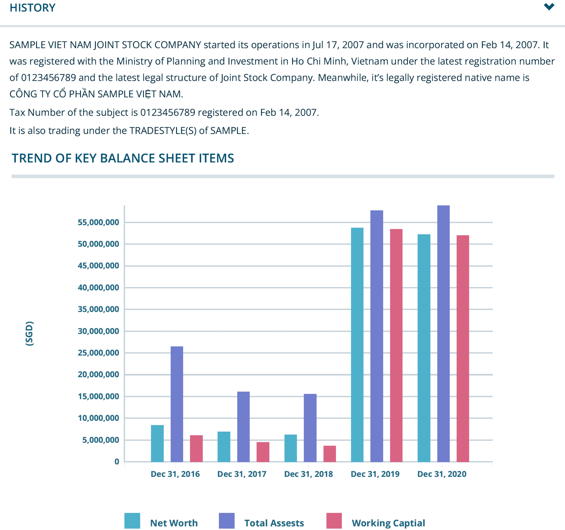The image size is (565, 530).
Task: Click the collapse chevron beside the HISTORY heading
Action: click(x=549, y=7)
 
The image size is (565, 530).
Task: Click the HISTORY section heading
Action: click(x=32, y=8)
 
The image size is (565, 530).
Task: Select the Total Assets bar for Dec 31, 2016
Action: click(x=177, y=404)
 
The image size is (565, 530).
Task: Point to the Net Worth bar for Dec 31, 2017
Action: click(x=224, y=446)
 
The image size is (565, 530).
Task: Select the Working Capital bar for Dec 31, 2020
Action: click(x=462, y=348)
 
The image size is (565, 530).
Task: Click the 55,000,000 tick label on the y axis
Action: click(x=98, y=222)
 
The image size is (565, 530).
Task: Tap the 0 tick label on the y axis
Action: click(x=117, y=462)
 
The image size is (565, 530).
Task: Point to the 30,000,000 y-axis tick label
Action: click(x=98, y=331)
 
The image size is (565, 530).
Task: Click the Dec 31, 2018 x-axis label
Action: click(x=308, y=474)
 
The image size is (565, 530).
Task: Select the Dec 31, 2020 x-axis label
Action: click(x=442, y=474)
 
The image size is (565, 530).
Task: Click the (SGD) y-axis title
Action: click(x=29, y=334)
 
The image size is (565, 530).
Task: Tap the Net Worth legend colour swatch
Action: click(x=132, y=521)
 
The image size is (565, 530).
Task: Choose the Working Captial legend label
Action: click(x=388, y=523)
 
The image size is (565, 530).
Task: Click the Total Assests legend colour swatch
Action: click(x=227, y=521)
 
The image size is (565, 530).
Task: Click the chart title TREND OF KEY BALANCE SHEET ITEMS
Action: click(x=123, y=158)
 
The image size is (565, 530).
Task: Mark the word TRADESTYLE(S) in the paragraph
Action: click(x=163, y=131)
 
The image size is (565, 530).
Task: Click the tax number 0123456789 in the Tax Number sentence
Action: click(x=168, y=112)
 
